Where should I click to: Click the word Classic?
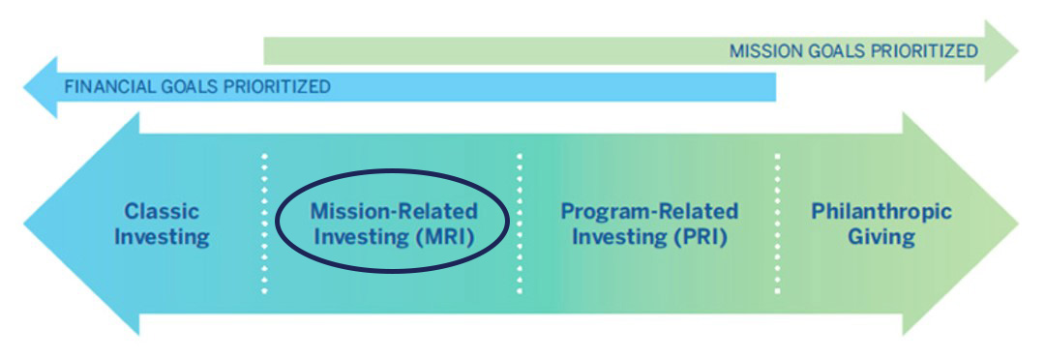[x=162, y=211]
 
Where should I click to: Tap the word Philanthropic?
[x=881, y=211]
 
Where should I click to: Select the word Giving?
[x=881, y=236]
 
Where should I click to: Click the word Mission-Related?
[x=394, y=211]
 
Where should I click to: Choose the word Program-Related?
[x=649, y=211]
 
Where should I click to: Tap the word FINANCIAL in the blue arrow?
[x=102, y=86]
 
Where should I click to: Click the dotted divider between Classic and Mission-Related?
[x=264, y=223]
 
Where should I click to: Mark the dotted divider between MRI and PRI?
[x=520, y=223]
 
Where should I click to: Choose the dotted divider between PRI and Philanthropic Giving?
[x=777, y=223]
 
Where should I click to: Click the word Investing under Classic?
[x=162, y=236]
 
